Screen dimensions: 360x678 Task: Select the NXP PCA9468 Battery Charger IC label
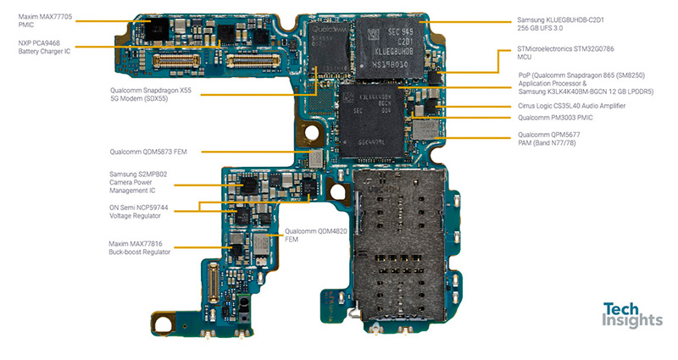(x=47, y=47)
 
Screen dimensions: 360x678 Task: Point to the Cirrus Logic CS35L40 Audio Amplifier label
(x=572, y=106)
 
